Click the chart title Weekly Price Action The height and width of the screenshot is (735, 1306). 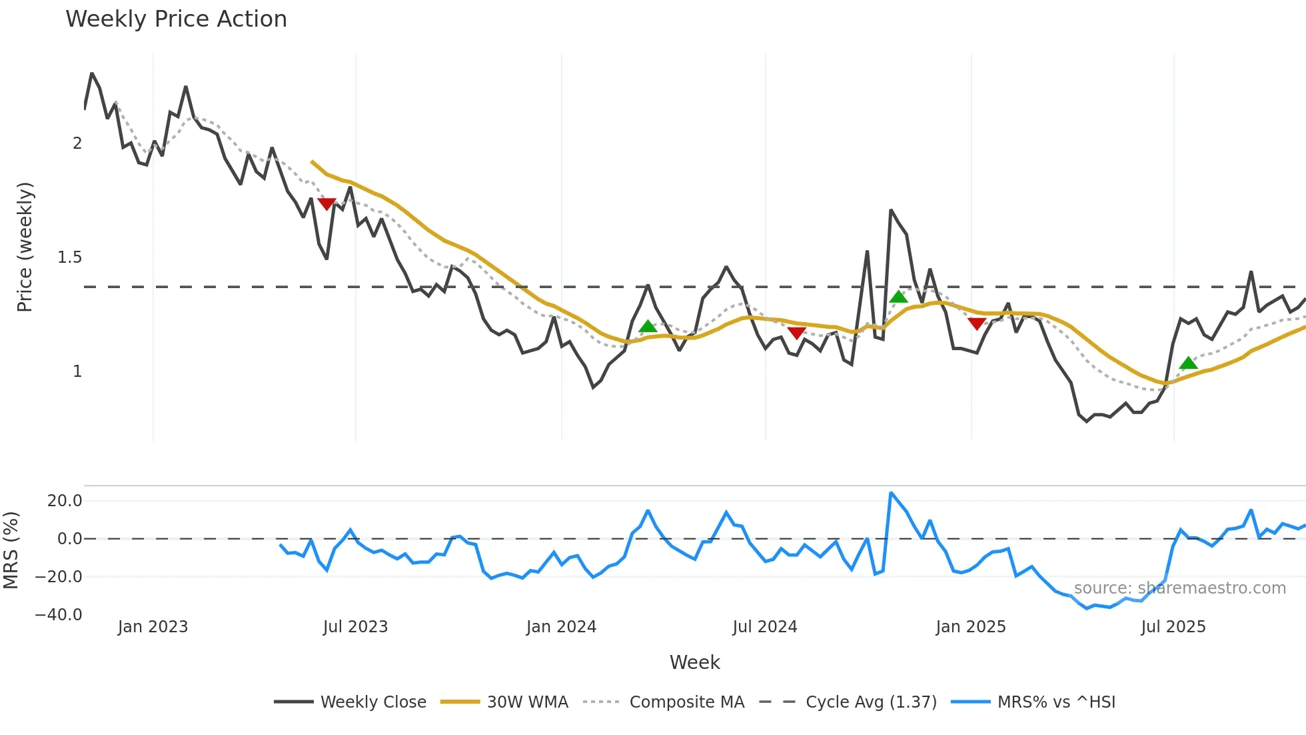(x=176, y=19)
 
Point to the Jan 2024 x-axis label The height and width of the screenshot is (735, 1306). (x=561, y=627)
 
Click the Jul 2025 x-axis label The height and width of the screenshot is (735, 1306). (x=1173, y=627)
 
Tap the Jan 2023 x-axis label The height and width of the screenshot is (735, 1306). (x=153, y=627)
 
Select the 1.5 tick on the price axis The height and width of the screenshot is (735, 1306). (x=69, y=257)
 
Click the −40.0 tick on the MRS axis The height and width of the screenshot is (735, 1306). (x=59, y=615)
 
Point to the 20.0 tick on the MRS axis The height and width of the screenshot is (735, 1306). (x=65, y=501)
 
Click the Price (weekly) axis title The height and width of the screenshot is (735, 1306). (x=25, y=247)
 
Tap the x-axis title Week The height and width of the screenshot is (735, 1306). (x=694, y=662)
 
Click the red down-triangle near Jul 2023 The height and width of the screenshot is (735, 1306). (x=326, y=204)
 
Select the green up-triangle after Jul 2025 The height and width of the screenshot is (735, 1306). (x=1188, y=363)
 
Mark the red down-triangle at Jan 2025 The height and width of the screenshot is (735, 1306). (x=977, y=324)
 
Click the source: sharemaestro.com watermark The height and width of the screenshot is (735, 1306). (x=1179, y=588)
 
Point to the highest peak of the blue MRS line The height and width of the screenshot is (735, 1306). (x=891, y=494)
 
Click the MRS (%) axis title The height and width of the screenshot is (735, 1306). (x=11, y=550)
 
